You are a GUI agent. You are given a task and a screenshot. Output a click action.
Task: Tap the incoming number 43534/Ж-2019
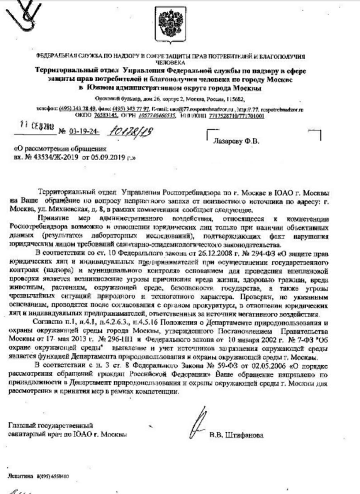[x=55, y=158]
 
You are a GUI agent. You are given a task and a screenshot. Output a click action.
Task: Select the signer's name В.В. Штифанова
[x=236, y=435]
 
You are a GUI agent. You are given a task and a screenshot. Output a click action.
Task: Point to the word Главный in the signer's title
[x=20, y=426]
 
